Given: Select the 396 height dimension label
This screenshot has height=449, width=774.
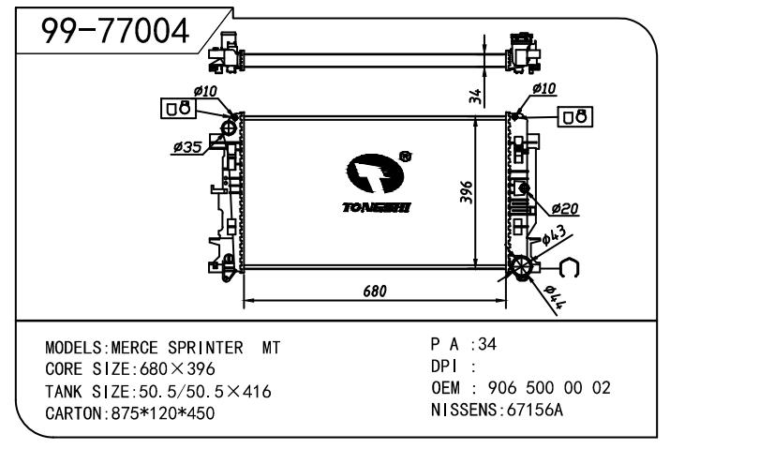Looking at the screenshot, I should (x=466, y=190).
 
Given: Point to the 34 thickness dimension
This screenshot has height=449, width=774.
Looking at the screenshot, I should (x=476, y=95).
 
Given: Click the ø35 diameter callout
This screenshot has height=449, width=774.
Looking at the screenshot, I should (x=187, y=147).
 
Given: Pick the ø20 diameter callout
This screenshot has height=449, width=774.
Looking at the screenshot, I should (x=564, y=208).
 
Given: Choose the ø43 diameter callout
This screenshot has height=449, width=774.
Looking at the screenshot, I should (x=553, y=233).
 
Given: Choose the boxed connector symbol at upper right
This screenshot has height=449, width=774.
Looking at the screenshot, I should (x=575, y=116).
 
